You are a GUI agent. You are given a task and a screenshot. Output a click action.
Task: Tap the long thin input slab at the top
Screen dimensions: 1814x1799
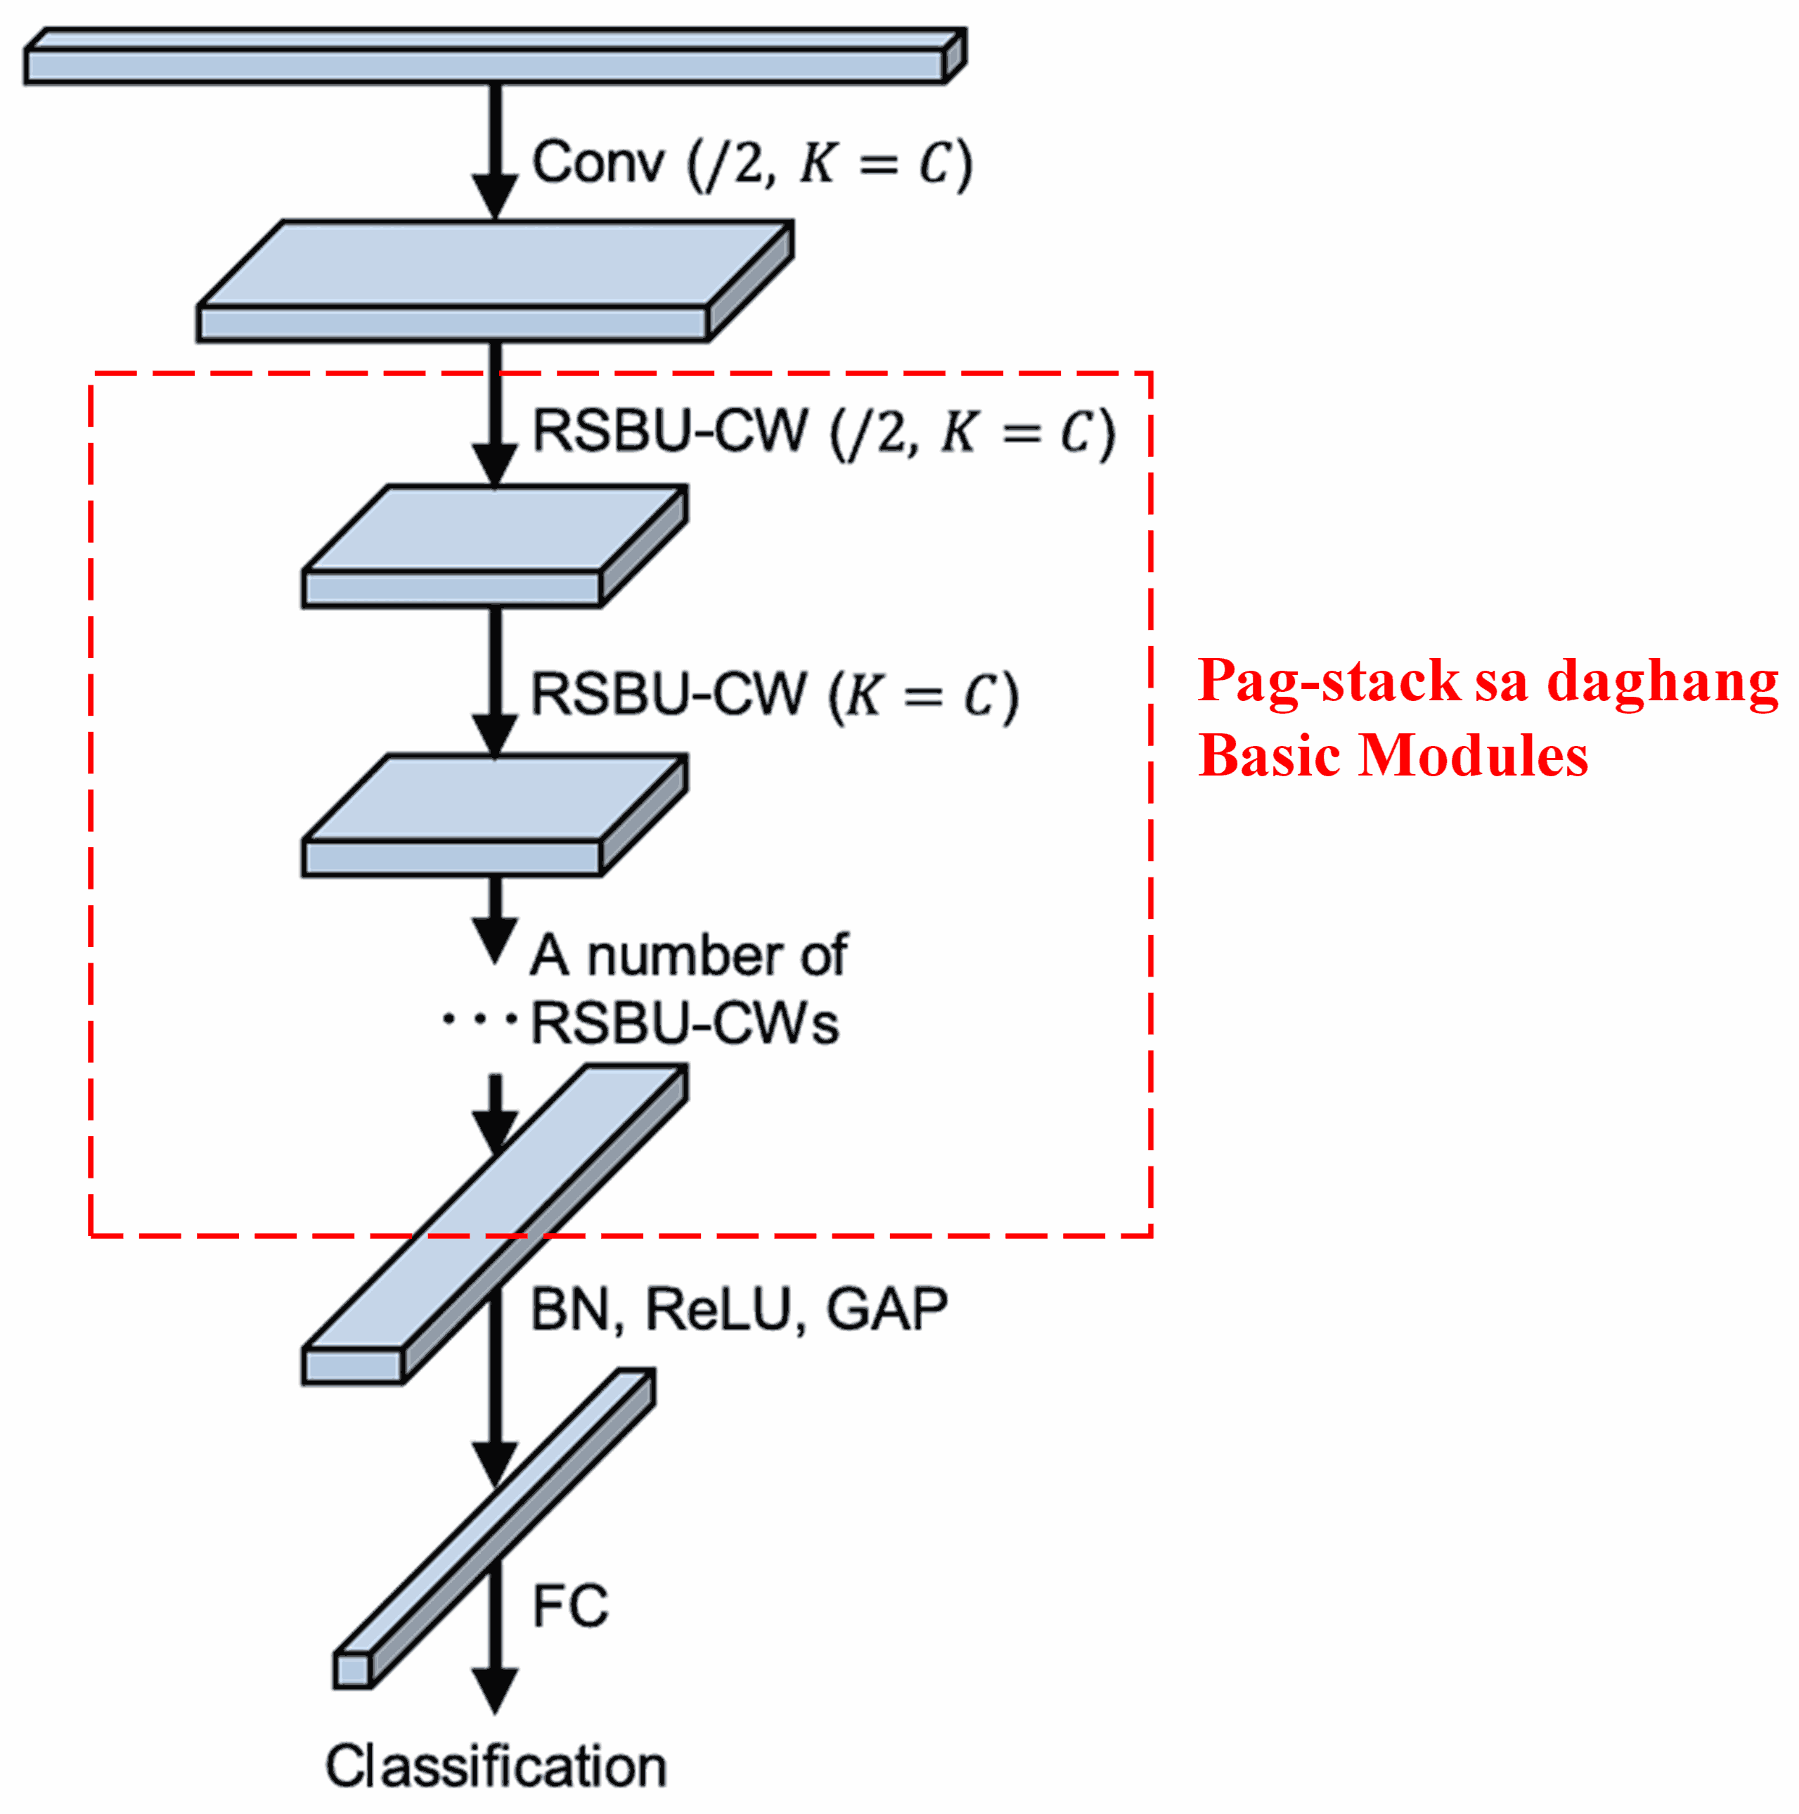(x=484, y=65)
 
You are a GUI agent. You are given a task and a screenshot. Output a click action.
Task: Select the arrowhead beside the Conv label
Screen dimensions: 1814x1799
(x=495, y=196)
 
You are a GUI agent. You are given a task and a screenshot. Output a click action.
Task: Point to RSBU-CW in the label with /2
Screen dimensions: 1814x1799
(x=669, y=432)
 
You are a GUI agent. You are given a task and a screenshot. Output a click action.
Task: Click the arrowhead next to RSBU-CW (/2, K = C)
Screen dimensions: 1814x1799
(x=495, y=465)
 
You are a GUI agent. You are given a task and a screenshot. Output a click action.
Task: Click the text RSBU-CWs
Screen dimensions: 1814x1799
(x=683, y=1024)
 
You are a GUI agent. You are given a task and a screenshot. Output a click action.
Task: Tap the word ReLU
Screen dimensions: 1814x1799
(x=718, y=1310)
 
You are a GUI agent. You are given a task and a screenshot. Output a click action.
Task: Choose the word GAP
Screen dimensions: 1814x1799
(x=886, y=1310)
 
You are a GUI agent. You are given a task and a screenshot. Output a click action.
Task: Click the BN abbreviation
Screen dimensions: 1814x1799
(x=569, y=1310)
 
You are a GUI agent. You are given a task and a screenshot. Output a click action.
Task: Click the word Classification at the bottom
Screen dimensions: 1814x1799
(x=495, y=1766)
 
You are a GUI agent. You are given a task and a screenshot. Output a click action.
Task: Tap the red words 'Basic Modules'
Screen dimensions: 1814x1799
(x=1393, y=756)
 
